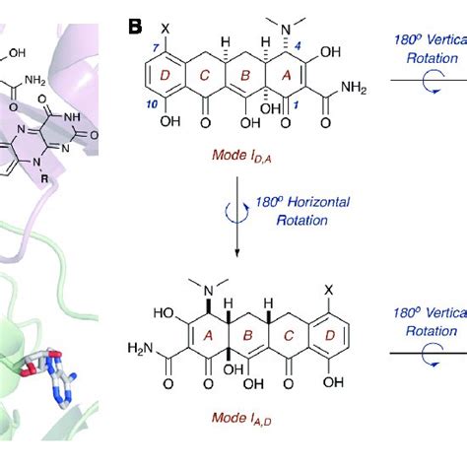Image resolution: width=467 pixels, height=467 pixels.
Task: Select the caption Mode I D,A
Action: tap(243, 157)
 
